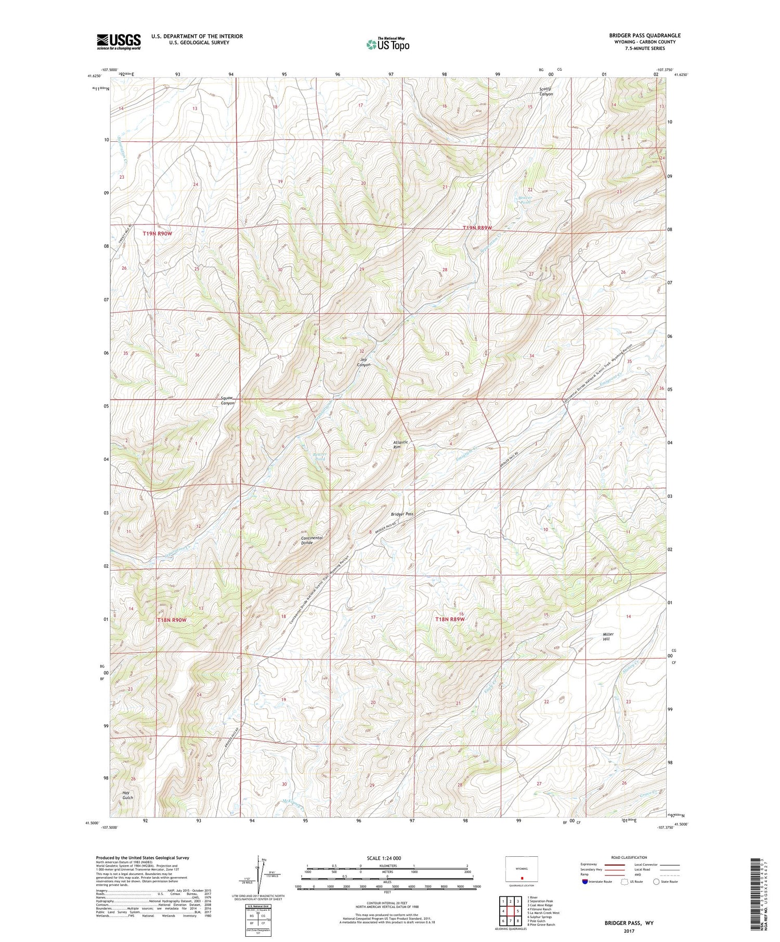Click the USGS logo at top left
(119, 42)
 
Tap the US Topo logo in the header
(387, 44)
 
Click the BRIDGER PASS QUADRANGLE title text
(644, 35)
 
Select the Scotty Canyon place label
(545, 91)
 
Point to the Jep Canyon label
(363, 362)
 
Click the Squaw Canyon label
(228, 400)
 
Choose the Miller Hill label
(608, 636)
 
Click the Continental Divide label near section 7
(311, 540)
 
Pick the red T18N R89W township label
(449, 619)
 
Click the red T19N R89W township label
(477, 228)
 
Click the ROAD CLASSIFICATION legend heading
(629, 858)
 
